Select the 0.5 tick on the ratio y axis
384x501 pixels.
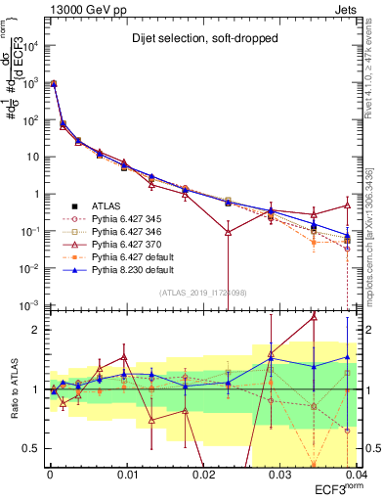(x=35, y=448)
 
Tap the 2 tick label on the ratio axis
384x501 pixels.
(x=39, y=330)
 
